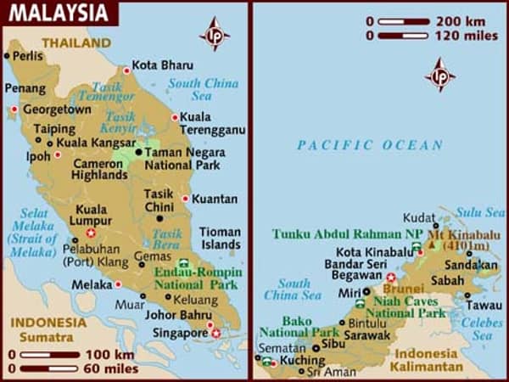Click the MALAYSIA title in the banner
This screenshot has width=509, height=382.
point(59,14)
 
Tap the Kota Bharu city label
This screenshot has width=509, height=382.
point(163,65)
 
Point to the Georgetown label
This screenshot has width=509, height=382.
point(57,110)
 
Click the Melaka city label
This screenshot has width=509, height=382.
point(92,285)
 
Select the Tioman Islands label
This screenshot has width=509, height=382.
point(220,238)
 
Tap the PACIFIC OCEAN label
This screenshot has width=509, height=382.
point(369,146)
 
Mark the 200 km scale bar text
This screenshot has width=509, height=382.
point(459,20)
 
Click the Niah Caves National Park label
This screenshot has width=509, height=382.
point(406,307)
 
